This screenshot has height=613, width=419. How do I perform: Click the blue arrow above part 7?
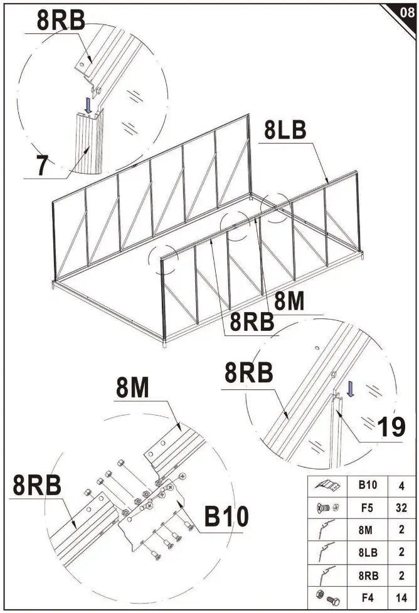coord(89,103)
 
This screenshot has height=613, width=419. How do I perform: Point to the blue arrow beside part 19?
coord(351,389)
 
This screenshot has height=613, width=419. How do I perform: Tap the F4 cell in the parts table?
coord(366,595)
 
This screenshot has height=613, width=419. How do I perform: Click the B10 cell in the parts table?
coord(366,485)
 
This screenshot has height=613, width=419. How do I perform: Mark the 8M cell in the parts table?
coord(366,529)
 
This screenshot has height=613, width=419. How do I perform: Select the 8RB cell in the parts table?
coord(366,573)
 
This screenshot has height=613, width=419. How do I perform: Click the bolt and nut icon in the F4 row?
coord(329,595)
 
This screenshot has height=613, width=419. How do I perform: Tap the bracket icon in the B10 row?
coord(329,485)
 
